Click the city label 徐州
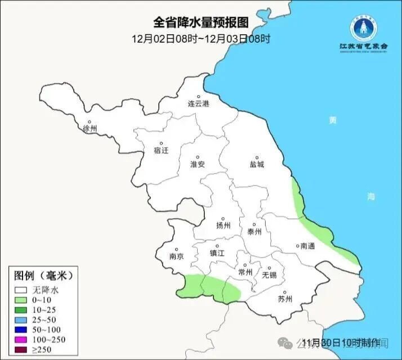[x=90, y=129]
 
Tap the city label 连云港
[x=198, y=105]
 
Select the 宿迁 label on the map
[x=161, y=150]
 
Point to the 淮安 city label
[x=198, y=164]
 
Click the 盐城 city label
[x=257, y=165]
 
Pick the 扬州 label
[x=224, y=226]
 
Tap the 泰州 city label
[x=254, y=231]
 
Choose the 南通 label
[x=307, y=246]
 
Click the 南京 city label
[x=176, y=256]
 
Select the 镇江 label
[x=217, y=253]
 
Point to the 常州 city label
[x=245, y=272]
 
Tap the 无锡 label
[x=269, y=275]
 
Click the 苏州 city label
[x=285, y=299]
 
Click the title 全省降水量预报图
[x=201, y=22]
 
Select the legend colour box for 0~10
[x=22, y=300]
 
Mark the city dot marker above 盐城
[x=257, y=157]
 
